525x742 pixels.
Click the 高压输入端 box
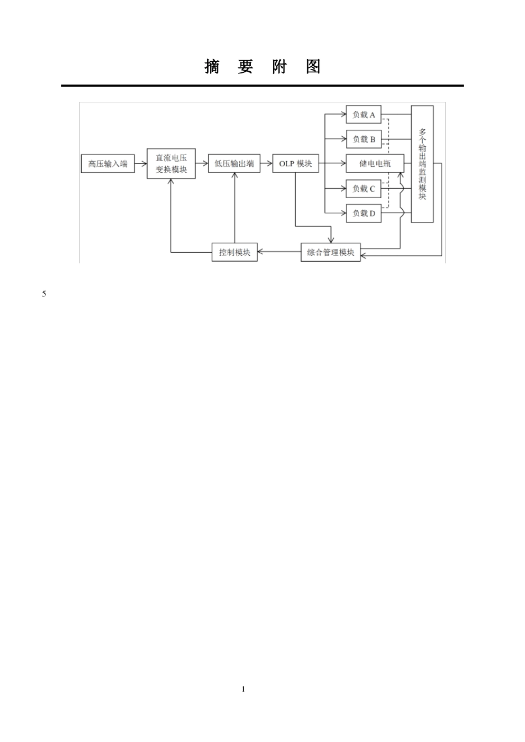point(108,163)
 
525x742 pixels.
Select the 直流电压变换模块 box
point(171,163)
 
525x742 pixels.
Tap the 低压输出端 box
point(234,163)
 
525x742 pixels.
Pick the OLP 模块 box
point(296,163)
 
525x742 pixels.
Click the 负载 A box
point(364,115)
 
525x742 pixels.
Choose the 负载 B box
point(364,139)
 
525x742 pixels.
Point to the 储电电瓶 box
point(375,163)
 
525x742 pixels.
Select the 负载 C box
point(364,188)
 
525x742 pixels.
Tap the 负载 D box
point(364,213)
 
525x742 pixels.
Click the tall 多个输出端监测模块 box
point(422,164)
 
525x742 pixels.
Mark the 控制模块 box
point(235,252)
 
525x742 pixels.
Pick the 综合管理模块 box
point(330,252)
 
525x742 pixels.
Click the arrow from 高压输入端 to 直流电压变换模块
point(141,163)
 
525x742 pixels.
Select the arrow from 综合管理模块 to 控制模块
point(279,252)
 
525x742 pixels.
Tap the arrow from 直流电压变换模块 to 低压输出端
point(202,163)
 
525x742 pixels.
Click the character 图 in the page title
point(313,67)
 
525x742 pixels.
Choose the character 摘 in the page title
point(212,67)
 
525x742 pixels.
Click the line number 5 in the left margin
point(44,294)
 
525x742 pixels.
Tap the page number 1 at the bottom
point(243,689)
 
